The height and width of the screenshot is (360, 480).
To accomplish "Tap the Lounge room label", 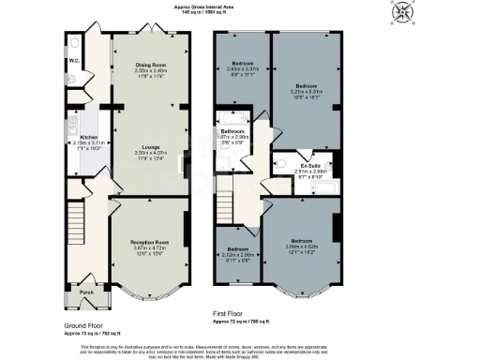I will point(150,147).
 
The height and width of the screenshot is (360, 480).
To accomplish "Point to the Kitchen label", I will point(78,137).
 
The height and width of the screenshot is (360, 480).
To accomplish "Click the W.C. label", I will point(74,62).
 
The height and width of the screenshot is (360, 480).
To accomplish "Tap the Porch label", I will point(86,291).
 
